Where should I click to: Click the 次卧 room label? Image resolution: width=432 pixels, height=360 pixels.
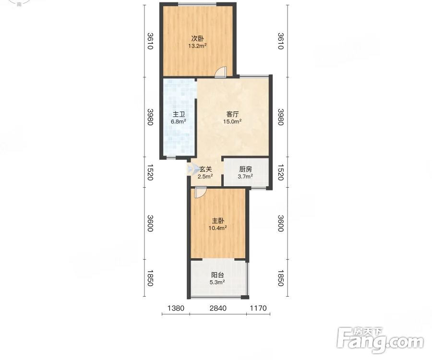point(198,38)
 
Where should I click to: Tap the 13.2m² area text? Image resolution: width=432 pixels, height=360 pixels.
point(198,46)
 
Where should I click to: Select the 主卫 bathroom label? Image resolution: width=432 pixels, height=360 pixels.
point(179,114)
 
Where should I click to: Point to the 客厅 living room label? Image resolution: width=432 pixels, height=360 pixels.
point(232,114)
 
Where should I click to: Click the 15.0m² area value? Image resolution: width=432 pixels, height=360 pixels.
point(232,121)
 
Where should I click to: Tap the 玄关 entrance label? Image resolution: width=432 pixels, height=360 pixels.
point(205,169)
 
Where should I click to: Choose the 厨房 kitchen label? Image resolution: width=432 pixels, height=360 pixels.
point(245,169)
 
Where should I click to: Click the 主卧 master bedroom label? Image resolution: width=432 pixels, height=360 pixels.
point(217,221)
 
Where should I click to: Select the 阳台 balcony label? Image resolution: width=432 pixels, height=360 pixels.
point(217,275)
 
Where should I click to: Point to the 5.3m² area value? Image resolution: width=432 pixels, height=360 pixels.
point(217,282)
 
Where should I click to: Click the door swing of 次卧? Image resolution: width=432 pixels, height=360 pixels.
point(220,72)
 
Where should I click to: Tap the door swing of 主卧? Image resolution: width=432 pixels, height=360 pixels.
point(200,192)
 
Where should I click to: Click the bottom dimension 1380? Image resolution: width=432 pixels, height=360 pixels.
point(176,308)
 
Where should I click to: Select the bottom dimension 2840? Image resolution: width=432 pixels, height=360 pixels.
point(218,308)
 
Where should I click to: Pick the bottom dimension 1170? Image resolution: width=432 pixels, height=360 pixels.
point(258,308)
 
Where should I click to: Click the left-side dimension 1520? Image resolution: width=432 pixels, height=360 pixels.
point(150,172)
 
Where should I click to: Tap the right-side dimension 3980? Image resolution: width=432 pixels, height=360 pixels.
point(280,117)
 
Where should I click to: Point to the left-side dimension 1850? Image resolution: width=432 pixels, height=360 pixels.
point(150,278)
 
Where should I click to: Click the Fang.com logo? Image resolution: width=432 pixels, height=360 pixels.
point(381,340)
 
